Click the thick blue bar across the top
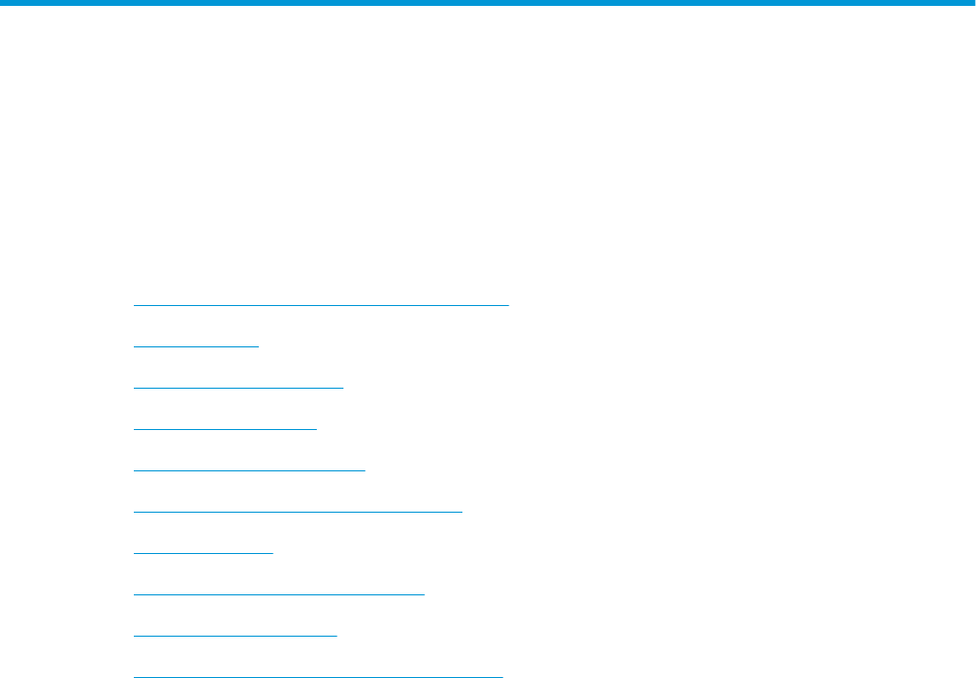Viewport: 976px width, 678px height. coord(488,4)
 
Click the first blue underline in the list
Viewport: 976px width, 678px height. coord(321,305)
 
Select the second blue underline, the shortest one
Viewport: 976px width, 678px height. coord(196,346)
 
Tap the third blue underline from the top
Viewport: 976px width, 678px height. coord(238,388)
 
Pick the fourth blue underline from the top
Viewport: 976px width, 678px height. coord(224,429)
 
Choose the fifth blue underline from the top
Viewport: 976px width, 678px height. coord(249,470)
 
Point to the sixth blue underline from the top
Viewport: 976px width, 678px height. coord(297,512)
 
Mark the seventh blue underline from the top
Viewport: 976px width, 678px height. coord(204,553)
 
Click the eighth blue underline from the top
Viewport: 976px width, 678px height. coord(278,594)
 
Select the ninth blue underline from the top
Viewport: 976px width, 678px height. coord(235,636)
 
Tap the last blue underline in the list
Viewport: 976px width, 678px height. coord(318,676)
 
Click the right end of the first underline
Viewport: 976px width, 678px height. coord(508,305)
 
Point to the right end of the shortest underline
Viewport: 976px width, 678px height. coord(258,346)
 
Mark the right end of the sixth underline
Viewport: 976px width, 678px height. coord(461,512)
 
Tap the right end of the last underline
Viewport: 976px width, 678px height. coord(502,676)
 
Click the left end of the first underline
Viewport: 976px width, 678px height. coord(134,305)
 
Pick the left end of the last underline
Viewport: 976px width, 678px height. coord(134,676)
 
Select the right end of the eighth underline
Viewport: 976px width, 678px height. coord(424,594)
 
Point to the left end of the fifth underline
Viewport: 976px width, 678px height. coord(134,470)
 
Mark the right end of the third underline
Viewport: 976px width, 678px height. coord(342,388)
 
